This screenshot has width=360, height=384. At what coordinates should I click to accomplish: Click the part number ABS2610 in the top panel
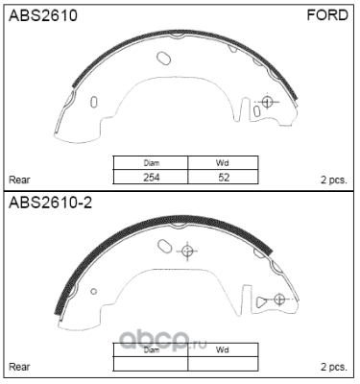(43, 15)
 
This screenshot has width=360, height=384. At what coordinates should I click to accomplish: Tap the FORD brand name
(327, 15)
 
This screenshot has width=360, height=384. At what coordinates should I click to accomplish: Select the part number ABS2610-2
(50, 203)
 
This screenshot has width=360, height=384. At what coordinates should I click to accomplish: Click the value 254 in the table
(152, 177)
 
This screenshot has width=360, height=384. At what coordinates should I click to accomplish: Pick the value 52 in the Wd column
(224, 177)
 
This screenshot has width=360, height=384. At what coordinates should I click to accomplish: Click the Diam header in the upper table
(152, 163)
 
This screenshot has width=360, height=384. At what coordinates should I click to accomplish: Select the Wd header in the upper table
(223, 163)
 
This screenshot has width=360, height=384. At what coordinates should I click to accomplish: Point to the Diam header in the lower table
(152, 350)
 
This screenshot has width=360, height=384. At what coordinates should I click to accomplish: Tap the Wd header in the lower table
(223, 350)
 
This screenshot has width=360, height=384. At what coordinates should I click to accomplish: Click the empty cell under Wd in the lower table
(223, 364)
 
